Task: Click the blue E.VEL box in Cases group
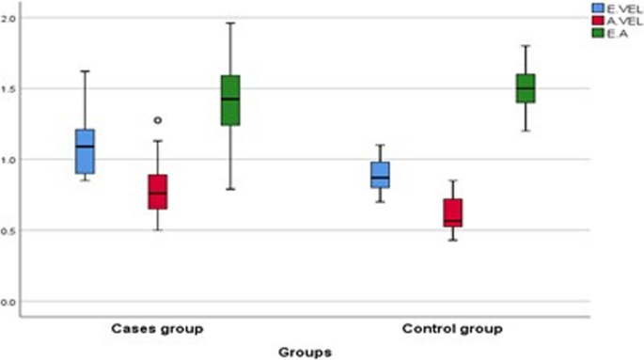click(x=86, y=151)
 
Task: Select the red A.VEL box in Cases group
click(x=158, y=191)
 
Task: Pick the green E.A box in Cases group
click(x=230, y=100)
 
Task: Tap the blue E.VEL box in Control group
click(x=381, y=175)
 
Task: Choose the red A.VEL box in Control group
click(x=453, y=212)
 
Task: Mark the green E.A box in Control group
click(x=526, y=89)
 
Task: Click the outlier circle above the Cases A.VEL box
click(x=158, y=120)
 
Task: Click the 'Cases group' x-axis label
click(x=158, y=329)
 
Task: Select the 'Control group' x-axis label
click(x=452, y=329)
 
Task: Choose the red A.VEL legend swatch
click(x=596, y=21)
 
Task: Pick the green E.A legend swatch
click(x=596, y=33)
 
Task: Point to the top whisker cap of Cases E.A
click(x=230, y=23)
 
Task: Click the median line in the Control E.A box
click(x=526, y=88)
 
